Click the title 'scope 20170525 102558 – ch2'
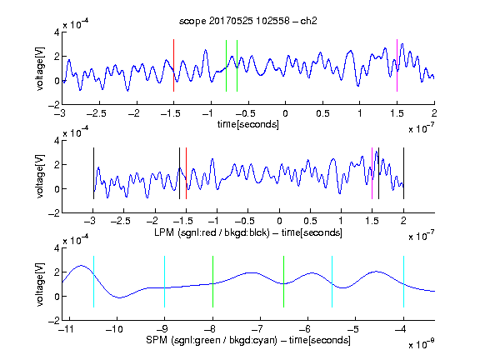tap(248, 21)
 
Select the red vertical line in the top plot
tap(173, 65)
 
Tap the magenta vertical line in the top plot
tap(397, 65)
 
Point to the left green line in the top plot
tap(226, 66)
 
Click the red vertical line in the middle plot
tap(186, 173)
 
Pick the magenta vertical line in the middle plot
tap(372, 173)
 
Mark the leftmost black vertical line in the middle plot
tap(93, 173)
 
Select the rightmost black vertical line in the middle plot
tap(403, 173)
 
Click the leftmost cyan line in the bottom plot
tap(93, 282)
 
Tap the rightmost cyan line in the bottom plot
tap(403, 282)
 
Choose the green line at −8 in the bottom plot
tap(212, 282)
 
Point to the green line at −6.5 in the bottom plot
tap(284, 282)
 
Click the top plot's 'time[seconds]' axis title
tap(248, 124)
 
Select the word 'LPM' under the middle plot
tap(164, 232)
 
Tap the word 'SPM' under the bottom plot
tap(157, 340)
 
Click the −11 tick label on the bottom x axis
tap(66, 329)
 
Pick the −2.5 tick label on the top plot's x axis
tap(97, 113)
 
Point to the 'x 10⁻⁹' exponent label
tap(421, 344)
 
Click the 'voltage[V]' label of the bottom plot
tap(40, 284)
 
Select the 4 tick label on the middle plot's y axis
tap(57, 141)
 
